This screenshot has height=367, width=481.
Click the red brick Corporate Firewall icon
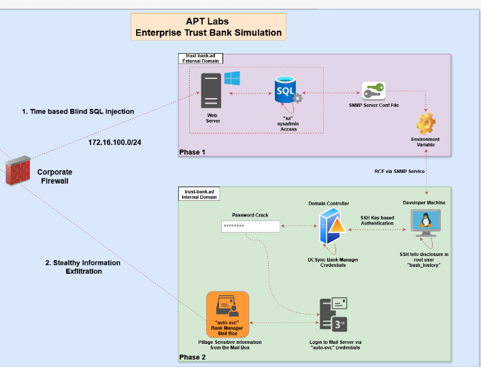[x=18, y=170]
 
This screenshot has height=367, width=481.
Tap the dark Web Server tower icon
[x=211, y=91]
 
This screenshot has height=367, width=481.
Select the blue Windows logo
[x=232, y=78]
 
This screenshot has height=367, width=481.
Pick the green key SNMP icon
[x=374, y=91]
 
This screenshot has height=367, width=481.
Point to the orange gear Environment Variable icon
[x=426, y=123]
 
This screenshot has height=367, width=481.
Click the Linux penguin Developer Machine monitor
[x=425, y=223]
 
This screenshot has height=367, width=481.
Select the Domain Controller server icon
[x=332, y=226]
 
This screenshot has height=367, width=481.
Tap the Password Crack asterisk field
[x=250, y=226]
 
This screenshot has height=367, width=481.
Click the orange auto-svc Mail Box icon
[x=228, y=315]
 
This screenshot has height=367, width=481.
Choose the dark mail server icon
[x=333, y=315]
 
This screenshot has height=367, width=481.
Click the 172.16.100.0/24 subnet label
[x=115, y=142]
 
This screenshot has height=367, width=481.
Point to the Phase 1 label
[x=193, y=153]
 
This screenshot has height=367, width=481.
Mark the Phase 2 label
[x=193, y=357]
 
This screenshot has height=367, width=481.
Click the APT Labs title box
[x=208, y=27]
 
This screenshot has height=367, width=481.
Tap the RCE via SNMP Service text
[x=399, y=172]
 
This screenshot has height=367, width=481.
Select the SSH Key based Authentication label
[x=378, y=221]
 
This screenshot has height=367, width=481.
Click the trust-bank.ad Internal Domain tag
[x=199, y=194]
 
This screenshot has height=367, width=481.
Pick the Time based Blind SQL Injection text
[x=78, y=112]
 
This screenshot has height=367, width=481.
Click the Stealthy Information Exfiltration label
[x=83, y=267]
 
